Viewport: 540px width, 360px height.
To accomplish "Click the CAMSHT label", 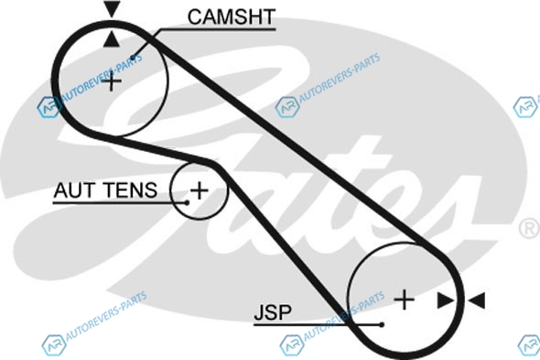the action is pyautogui.click(x=232, y=16).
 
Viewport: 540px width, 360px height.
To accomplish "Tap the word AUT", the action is pyautogui.click(x=74, y=190).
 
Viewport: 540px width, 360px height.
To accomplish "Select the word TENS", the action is pyautogui.click(x=131, y=190).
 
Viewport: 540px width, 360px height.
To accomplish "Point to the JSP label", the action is pyautogui.click(x=273, y=311).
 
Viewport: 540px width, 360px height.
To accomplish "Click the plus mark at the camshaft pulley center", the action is pyautogui.click(x=112, y=82).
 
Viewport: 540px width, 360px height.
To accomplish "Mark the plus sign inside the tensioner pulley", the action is pyautogui.click(x=200, y=191).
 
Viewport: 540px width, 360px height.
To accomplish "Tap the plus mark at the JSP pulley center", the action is pyautogui.click(x=404, y=300).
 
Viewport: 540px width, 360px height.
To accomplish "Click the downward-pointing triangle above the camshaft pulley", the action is pyautogui.click(x=112, y=8).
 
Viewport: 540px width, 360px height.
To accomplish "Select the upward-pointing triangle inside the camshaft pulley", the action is pyautogui.click(x=112, y=38).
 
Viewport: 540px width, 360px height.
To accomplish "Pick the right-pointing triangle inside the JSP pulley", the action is pyautogui.click(x=446, y=300).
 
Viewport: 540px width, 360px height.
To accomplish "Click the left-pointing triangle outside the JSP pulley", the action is pyautogui.click(x=477, y=300).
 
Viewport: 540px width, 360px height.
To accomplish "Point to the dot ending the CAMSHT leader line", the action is pyautogui.click(x=134, y=57).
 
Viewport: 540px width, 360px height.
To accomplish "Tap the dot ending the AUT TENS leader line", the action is pyautogui.click(x=187, y=202).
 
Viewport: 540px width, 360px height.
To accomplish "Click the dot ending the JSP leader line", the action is pyautogui.click(x=382, y=324).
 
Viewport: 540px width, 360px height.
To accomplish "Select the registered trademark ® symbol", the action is pyautogui.click(x=529, y=228).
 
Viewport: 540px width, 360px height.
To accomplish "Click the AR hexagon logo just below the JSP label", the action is pyautogui.click(x=292, y=345).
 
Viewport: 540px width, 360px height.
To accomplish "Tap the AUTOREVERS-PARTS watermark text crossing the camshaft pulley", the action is pyautogui.click(x=102, y=77).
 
